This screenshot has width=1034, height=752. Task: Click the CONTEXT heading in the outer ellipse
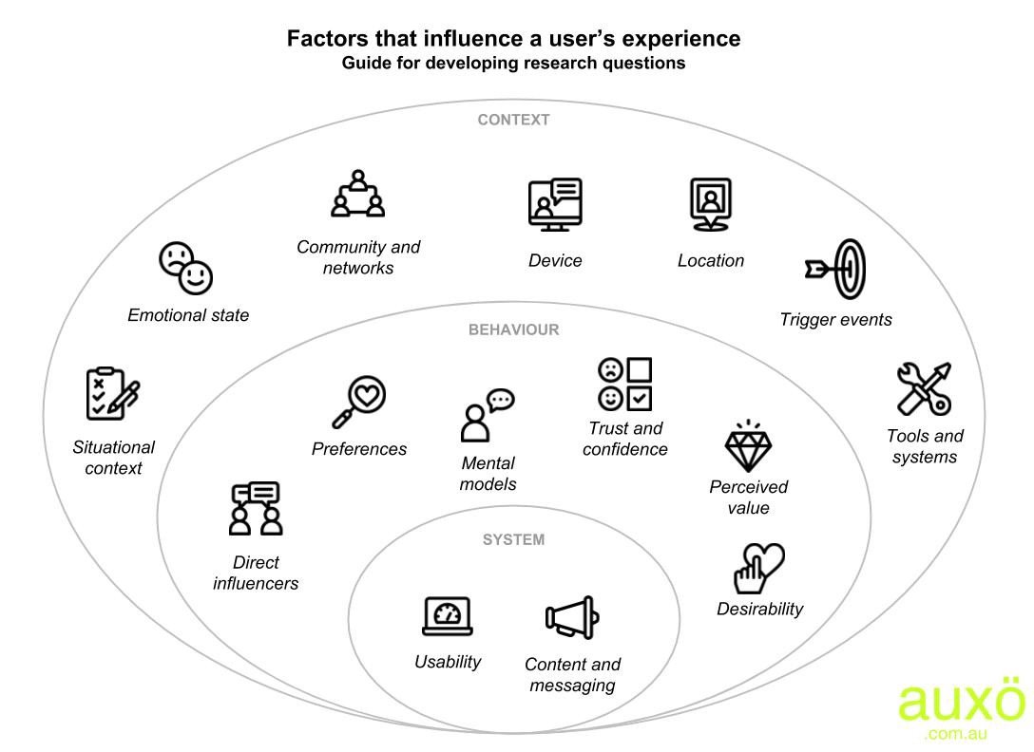(513, 120)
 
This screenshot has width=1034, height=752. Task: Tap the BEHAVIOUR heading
(513, 329)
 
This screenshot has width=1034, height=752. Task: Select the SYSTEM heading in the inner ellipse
(513, 539)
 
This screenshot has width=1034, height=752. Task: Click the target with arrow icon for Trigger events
(837, 270)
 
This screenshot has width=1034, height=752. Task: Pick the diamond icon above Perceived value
(749, 448)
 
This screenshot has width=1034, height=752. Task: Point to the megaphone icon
(572, 618)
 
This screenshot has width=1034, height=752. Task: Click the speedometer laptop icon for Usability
(448, 616)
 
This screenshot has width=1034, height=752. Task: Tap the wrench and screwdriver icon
(924, 388)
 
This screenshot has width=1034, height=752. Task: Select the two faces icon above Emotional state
(186, 269)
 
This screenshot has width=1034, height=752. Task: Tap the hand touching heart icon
(758, 568)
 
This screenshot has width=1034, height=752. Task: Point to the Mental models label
(488, 473)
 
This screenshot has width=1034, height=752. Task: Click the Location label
(711, 260)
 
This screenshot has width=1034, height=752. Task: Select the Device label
(555, 260)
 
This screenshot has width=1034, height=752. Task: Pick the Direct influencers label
(256, 573)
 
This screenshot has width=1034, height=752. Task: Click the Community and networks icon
(358, 195)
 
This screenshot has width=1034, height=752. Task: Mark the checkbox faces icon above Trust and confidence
(624, 385)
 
